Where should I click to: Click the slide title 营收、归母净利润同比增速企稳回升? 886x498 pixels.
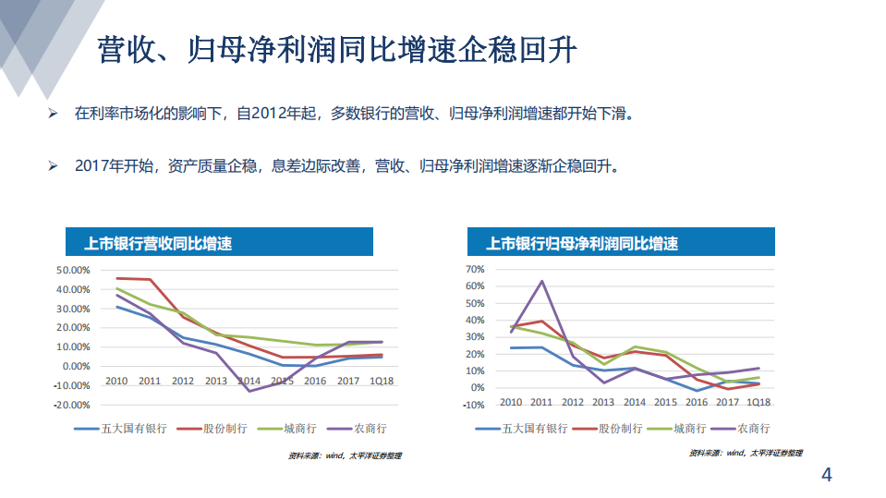[x=337, y=50]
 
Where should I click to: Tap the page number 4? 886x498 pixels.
[x=827, y=476]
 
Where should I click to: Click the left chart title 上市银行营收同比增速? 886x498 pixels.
[x=158, y=244]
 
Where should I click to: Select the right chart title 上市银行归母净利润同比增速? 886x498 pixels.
[x=583, y=244]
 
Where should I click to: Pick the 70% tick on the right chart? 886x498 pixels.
[x=474, y=269]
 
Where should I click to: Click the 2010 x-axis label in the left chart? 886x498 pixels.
[x=116, y=381]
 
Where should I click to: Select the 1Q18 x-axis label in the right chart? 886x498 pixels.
[x=759, y=402]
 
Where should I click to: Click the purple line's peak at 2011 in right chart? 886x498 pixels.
[x=541, y=281]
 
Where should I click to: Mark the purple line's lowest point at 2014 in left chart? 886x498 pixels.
[x=249, y=391]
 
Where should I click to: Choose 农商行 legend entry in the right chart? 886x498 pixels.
[x=743, y=429]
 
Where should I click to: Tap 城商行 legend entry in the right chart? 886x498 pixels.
[x=679, y=429]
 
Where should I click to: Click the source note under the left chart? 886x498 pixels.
[x=345, y=455]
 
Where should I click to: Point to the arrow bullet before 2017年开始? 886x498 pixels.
[x=54, y=167]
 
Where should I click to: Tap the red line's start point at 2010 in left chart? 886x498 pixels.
[x=116, y=278]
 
